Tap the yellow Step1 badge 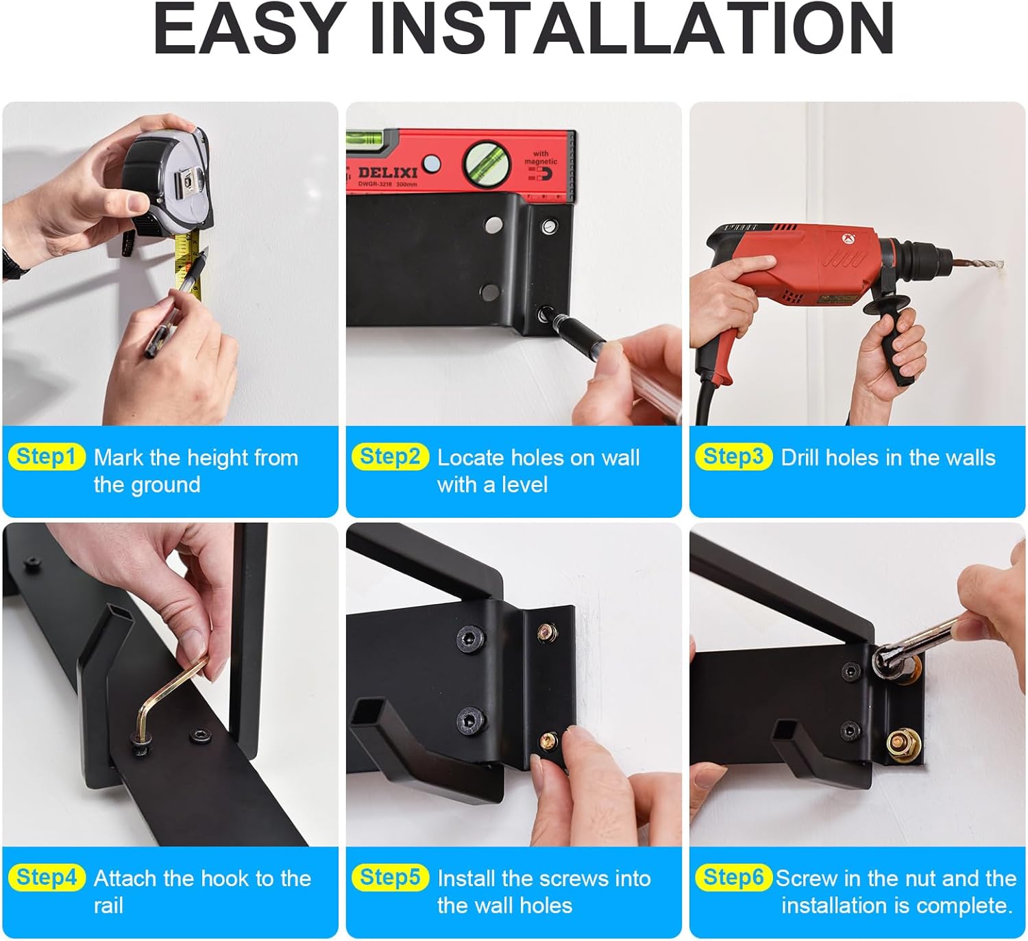[47, 456]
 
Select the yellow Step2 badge [390, 456]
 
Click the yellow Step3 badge [733, 456]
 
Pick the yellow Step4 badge [47, 877]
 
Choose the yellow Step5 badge [390, 877]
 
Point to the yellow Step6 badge [733, 877]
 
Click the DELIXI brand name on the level [388, 172]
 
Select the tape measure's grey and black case [167, 184]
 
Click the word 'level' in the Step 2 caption [525, 485]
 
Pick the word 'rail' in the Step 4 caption [108, 905]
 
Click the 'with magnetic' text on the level [541, 158]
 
